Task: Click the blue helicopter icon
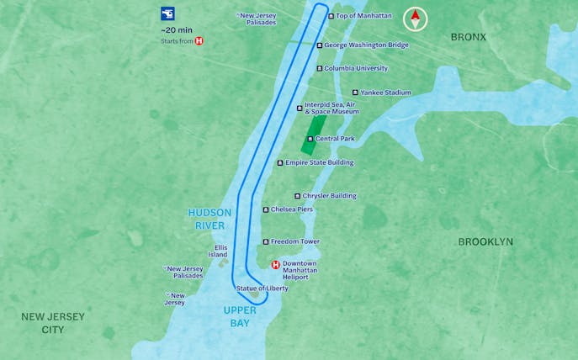[x=168, y=13]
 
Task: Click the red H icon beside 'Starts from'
[x=199, y=40]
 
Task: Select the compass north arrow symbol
[x=415, y=18]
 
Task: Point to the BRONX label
[x=468, y=37]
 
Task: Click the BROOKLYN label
[x=485, y=241]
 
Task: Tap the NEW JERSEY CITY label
[x=53, y=323]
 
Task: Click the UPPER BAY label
[x=238, y=316]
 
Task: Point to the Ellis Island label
[x=219, y=251]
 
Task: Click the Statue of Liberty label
[x=262, y=289]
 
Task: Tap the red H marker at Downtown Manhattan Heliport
[x=275, y=265]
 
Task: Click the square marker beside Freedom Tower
[x=266, y=242]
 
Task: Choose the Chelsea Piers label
[x=291, y=209]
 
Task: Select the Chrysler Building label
[x=329, y=196]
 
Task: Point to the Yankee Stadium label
[x=385, y=93]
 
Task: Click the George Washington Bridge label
[x=366, y=45]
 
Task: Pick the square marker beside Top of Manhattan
[x=331, y=16]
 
